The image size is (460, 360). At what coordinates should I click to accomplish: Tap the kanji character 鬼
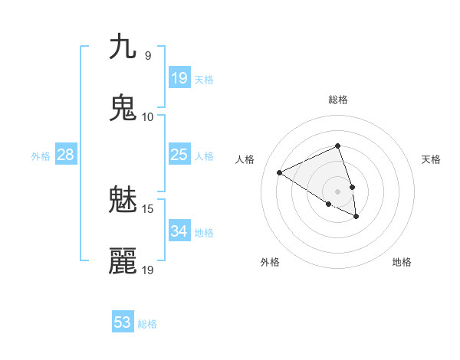tap(123, 108)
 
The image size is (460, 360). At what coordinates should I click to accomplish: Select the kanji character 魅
tap(123, 201)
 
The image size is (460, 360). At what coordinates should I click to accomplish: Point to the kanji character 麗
tap(123, 261)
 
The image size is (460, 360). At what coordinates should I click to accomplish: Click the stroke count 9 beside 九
tap(147, 56)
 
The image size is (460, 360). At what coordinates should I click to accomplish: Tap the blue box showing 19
tap(179, 78)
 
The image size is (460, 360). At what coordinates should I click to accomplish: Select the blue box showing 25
tap(179, 155)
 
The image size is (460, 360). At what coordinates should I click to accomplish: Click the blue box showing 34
tap(179, 231)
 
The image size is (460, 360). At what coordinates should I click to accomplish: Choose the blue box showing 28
tap(66, 155)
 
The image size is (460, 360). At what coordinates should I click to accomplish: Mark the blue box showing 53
tap(123, 322)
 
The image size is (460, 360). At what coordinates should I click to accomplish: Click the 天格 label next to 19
tap(204, 79)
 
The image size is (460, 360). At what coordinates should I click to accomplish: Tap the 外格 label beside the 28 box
tap(41, 155)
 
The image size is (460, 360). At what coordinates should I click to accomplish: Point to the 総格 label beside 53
tap(147, 323)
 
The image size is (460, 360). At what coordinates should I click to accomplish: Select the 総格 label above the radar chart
tap(337, 100)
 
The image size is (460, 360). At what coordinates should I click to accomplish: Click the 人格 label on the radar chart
tap(245, 159)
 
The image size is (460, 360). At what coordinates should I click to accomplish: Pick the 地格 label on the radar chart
tap(402, 262)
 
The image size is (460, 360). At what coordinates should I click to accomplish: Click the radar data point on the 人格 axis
tap(280, 172)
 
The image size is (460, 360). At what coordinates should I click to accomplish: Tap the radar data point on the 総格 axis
tap(337, 146)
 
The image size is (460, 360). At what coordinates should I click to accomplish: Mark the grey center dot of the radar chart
tap(337, 191)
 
